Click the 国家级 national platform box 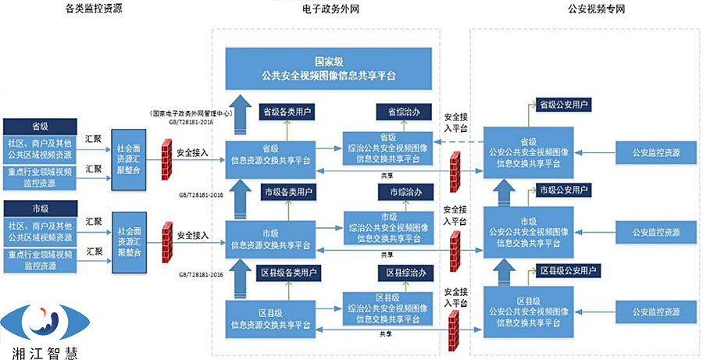(328, 69)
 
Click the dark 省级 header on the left (41, 125)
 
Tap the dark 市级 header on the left (41, 208)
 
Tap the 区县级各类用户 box (287, 273)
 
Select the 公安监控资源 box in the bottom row (656, 312)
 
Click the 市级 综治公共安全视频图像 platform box (388, 226)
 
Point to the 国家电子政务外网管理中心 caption (191, 112)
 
